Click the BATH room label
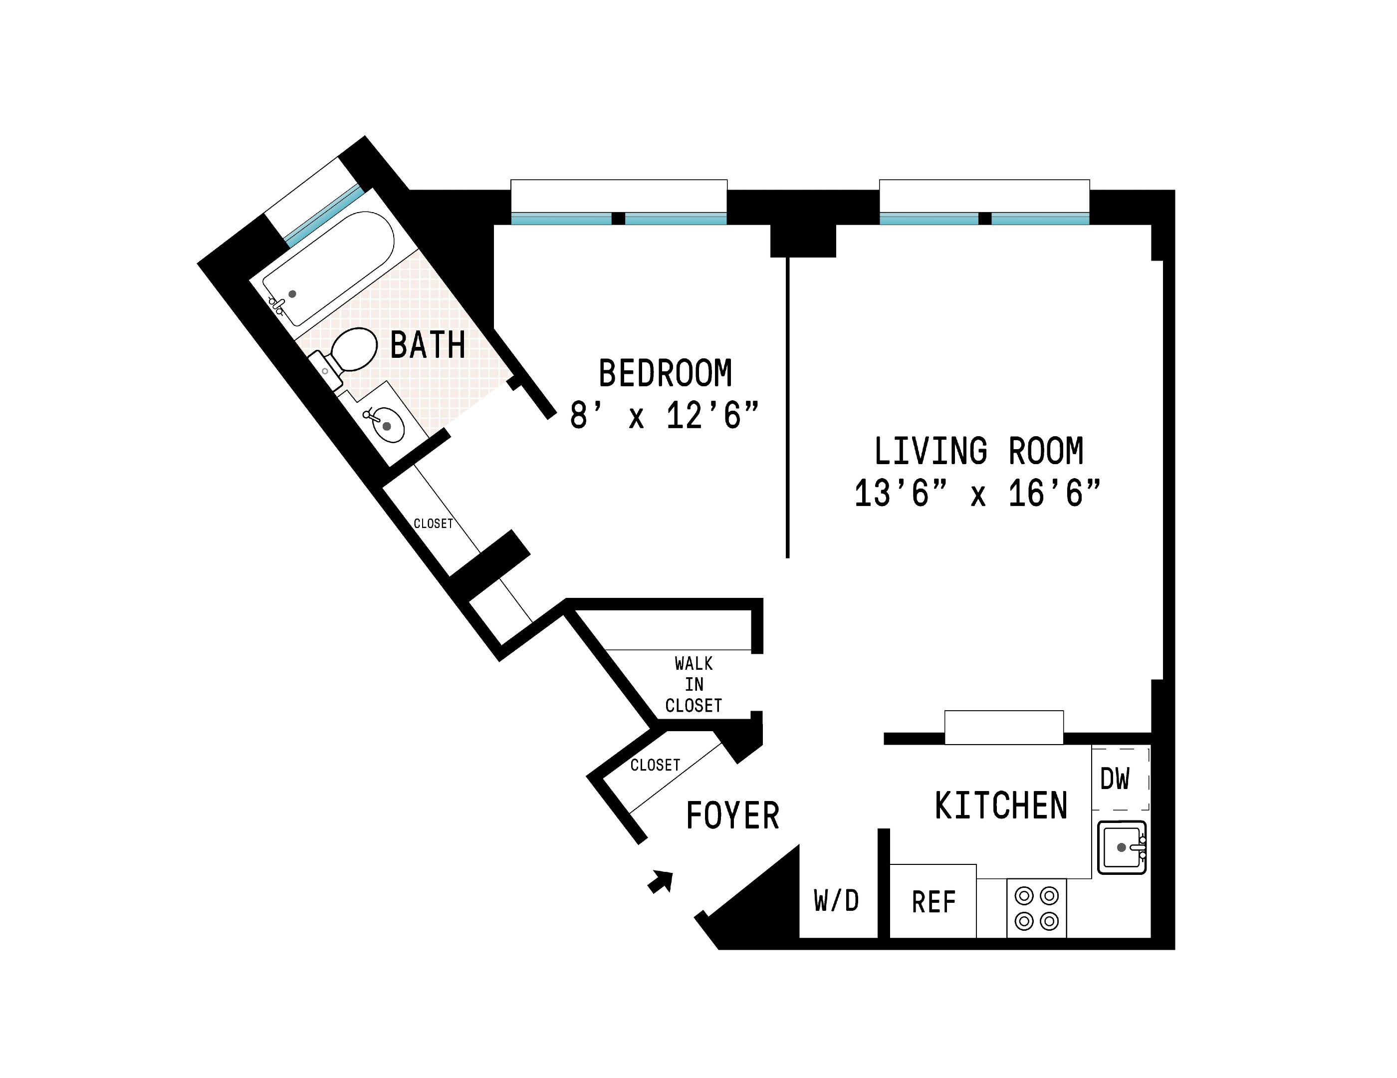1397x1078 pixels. pos(427,345)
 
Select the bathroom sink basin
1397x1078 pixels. pos(388,425)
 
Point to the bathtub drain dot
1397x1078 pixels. pos(292,293)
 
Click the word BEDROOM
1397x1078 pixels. pos(665,374)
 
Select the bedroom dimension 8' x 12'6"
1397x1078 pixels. pos(664,416)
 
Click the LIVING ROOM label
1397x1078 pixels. pos(979,452)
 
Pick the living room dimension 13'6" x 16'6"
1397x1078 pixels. pos(977,494)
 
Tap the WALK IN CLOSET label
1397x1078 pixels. pos(694,685)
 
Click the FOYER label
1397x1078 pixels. pos(732,816)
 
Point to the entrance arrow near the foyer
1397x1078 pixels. pos(662,881)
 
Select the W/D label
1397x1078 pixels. pos(836,901)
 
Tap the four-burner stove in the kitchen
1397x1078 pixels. pos(1036,908)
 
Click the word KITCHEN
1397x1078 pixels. pos(1001,806)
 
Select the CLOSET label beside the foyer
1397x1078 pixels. pos(655,765)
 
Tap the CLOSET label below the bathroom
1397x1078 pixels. pos(433,524)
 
